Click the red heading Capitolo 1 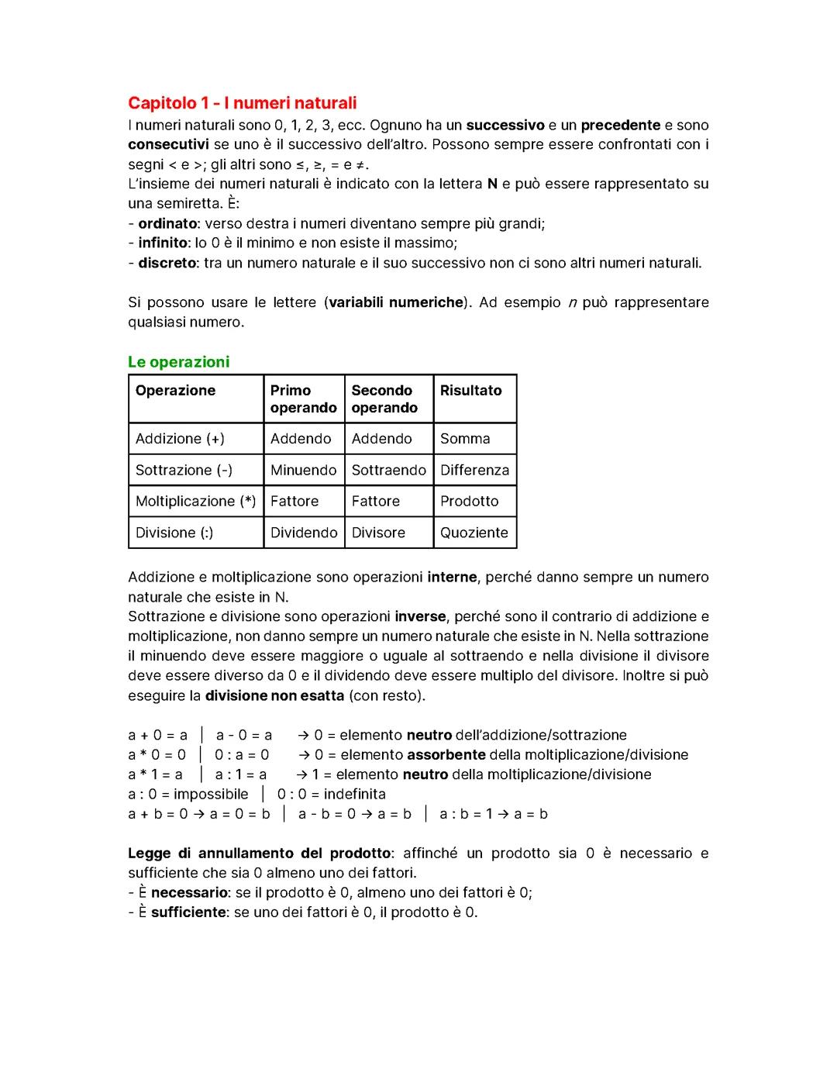(x=242, y=103)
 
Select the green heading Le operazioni (x=178, y=362)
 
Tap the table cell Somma (x=465, y=439)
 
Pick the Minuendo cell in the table (x=303, y=471)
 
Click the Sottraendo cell (x=388, y=471)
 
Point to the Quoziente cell (x=474, y=533)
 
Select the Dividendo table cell (x=304, y=533)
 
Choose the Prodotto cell (x=469, y=502)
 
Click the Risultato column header (x=470, y=391)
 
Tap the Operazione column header (x=175, y=391)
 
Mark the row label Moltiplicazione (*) (x=195, y=502)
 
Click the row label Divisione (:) (x=174, y=533)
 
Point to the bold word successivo (x=505, y=126)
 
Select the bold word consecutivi (x=168, y=145)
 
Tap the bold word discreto (x=167, y=264)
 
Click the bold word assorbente (x=446, y=755)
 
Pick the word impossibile (x=211, y=795)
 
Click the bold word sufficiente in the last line (x=188, y=912)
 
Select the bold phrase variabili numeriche (x=396, y=302)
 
